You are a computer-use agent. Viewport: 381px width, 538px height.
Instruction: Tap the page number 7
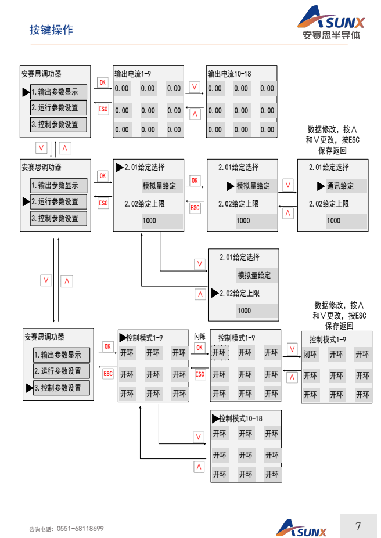pos(358,526)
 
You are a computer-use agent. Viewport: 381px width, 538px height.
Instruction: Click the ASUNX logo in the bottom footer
pos(301,528)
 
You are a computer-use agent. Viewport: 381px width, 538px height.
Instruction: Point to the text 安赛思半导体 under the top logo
pos(331,35)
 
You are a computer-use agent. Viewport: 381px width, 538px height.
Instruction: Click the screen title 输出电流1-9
pos(134,74)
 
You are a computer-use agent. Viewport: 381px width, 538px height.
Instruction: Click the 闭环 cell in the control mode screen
pos(310,354)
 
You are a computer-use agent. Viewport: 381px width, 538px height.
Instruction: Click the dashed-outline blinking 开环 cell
pos(219,352)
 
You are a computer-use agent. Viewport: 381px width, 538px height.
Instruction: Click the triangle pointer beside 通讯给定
pos(321,186)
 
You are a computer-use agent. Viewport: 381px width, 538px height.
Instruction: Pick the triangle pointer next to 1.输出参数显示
pos(26,91)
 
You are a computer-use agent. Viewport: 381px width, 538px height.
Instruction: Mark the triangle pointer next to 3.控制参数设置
pos(29,388)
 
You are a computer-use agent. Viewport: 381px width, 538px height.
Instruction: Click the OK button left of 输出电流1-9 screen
pos(102,82)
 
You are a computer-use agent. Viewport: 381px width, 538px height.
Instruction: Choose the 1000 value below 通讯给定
pos(333,221)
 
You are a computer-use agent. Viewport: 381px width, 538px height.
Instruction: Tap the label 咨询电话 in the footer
pos(40,529)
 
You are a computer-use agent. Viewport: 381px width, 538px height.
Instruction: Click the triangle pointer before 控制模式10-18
pos(215,418)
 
